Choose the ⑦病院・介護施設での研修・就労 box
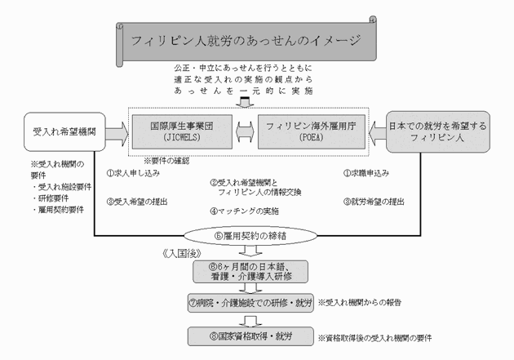click(x=248, y=301)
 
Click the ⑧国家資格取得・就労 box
click(x=248, y=336)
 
